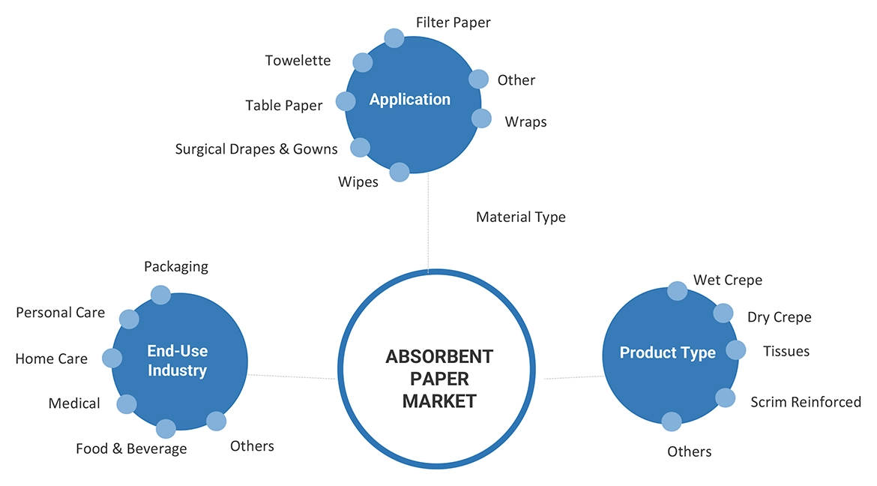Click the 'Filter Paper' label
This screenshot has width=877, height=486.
pyautogui.click(x=453, y=22)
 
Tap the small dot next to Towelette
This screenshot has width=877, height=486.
pyautogui.click(x=362, y=62)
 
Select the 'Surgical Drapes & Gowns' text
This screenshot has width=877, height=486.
pyautogui.click(x=256, y=149)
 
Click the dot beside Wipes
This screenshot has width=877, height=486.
pyautogui.click(x=400, y=172)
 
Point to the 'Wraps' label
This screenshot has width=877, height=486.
pyautogui.click(x=525, y=121)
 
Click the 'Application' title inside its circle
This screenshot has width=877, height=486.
pyautogui.click(x=410, y=100)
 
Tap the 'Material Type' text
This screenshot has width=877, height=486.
pyautogui.click(x=521, y=217)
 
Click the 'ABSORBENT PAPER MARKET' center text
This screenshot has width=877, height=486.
pyautogui.click(x=439, y=379)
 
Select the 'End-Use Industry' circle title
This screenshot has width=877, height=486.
pyautogui.click(x=178, y=361)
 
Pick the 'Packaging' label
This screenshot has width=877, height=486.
pyautogui.click(x=176, y=266)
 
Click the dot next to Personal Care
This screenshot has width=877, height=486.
pyautogui.click(x=130, y=319)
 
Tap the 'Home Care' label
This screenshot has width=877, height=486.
pyautogui.click(x=51, y=359)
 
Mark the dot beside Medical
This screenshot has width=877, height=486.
pyautogui.click(x=127, y=405)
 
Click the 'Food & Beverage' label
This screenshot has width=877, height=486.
pyautogui.click(x=131, y=449)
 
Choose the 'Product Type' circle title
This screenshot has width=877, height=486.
pyautogui.click(x=668, y=353)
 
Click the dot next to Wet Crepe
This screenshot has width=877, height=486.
pyautogui.click(x=677, y=290)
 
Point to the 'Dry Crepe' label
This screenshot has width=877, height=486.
pyautogui.click(x=779, y=317)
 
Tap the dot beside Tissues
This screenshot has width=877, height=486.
pyautogui.click(x=736, y=350)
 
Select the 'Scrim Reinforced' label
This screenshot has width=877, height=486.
pyautogui.click(x=806, y=402)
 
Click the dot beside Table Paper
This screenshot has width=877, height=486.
pyautogui.click(x=346, y=101)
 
